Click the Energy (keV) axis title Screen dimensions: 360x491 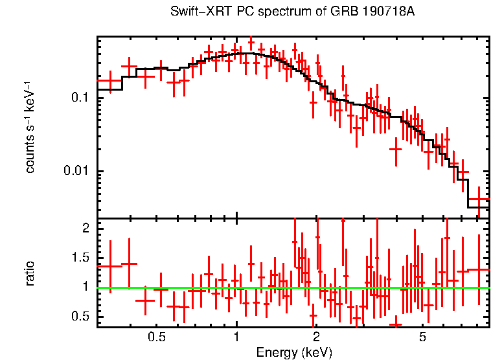coord(294,353)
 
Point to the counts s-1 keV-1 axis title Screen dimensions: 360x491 coord(30,128)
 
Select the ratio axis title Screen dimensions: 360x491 coord(30,273)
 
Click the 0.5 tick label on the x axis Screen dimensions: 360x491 coord(156,337)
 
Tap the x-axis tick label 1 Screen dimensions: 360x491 coord(236,337)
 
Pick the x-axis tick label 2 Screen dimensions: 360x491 coord(316,337)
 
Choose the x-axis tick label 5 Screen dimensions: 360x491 coord(422,337)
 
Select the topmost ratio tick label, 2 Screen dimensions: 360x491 coord(85,229)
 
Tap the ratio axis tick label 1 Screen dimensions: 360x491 coord(85,287)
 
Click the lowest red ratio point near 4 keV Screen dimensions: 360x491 coord(395,324)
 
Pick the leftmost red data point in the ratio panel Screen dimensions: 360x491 coord(110,265)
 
